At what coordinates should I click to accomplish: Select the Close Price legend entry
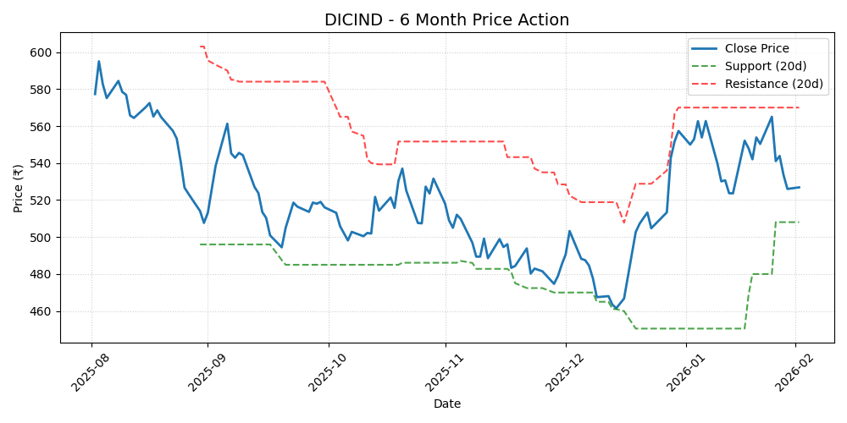756,49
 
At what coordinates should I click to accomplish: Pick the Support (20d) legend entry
765,67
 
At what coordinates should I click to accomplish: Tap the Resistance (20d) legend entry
772,84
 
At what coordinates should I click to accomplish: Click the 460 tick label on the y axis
42,311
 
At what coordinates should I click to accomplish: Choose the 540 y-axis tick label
42,163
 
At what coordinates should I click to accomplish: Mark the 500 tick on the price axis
42,238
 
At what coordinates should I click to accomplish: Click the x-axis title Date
446,404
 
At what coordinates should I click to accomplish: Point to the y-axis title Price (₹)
18,188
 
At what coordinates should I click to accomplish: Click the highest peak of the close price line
98,61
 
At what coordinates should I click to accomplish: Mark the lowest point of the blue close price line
617,310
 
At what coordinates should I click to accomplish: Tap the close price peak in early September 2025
227,124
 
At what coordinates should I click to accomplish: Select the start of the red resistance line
200,47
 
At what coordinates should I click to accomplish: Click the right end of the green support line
799,222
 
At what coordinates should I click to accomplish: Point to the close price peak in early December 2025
569,231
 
